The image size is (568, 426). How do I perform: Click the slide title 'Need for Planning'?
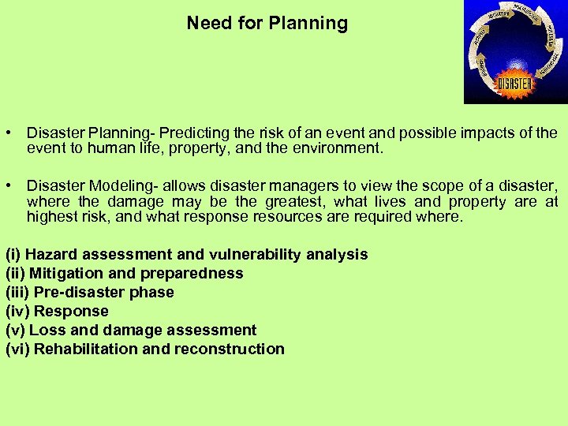click(267, 23)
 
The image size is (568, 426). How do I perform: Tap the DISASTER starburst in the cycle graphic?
click(514, 81)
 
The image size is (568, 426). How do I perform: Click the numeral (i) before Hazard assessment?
click(13, 254)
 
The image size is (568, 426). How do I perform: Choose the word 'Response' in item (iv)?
click(71, 311)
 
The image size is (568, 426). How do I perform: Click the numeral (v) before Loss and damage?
click(15, 330)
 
